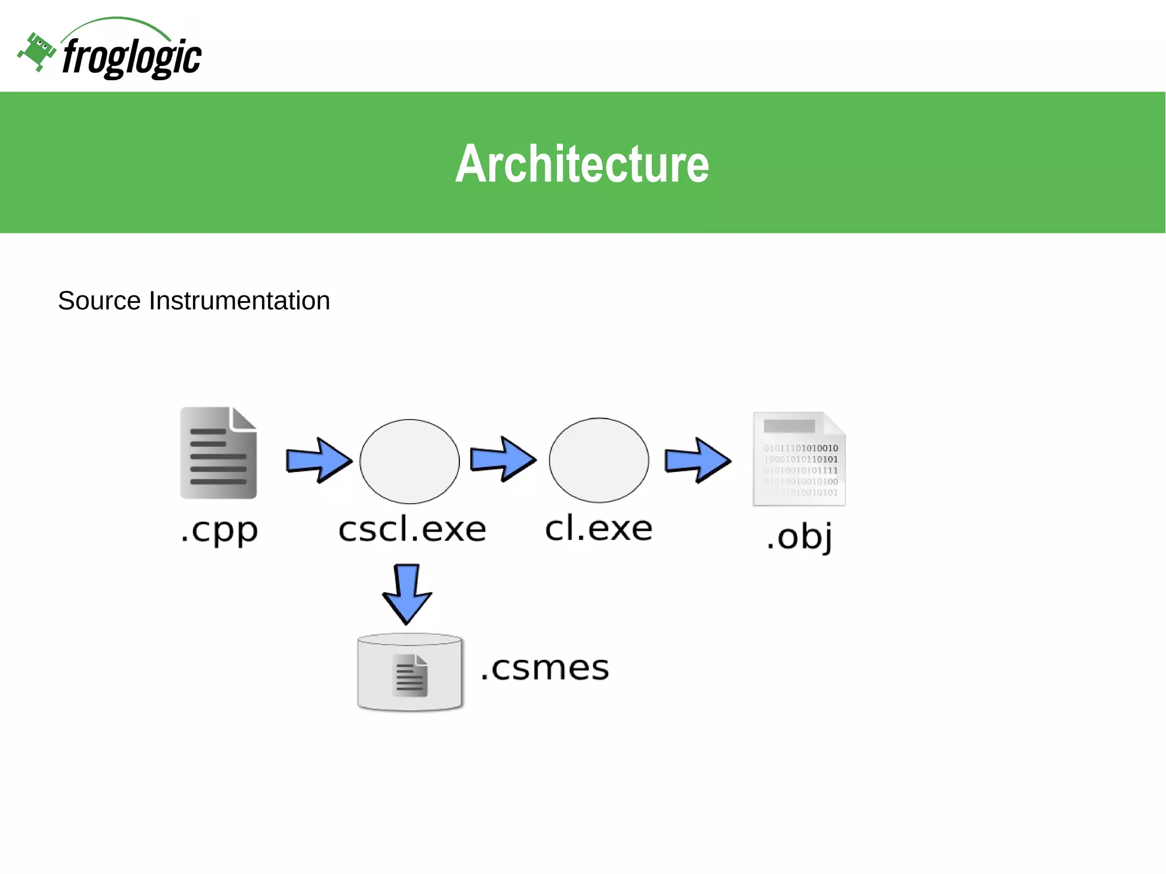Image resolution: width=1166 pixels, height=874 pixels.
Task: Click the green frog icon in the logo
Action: pos(37,52)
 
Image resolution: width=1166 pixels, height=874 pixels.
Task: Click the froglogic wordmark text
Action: pos(132,58)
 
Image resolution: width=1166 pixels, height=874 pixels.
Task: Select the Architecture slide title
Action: pos(582,164)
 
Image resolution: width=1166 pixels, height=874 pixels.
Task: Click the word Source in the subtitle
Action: pos(99,301)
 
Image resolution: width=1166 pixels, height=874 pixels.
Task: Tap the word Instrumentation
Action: pos(239,301)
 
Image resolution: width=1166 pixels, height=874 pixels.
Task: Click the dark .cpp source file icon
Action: pos(219,453)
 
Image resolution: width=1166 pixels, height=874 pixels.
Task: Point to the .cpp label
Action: pos(219,531)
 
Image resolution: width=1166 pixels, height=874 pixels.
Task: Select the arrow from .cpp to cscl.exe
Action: pos(318,460)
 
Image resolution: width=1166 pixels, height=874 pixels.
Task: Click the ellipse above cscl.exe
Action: pos(409,461)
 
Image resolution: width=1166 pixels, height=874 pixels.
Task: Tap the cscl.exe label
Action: pos(412,530)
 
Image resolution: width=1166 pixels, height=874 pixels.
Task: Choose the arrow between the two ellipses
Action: pos(503,459)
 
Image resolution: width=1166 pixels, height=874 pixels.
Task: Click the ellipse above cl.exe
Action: pos(599,460)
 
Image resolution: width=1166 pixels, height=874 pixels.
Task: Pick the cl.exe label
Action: pos(598,528)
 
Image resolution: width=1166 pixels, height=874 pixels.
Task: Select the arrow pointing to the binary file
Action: pos(697,460)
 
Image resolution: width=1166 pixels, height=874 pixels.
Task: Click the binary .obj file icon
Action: pos(799,459)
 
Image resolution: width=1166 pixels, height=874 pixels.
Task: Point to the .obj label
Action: pos(799,536)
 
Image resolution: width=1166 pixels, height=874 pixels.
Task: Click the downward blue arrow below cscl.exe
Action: pos(407,593)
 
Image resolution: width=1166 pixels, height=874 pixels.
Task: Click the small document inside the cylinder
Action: pos(410,676)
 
